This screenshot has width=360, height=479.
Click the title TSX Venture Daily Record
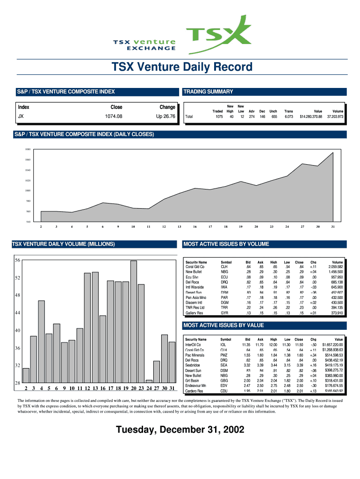182,67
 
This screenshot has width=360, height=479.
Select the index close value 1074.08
116,116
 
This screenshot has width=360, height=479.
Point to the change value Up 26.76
166,116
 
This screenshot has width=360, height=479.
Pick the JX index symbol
21,116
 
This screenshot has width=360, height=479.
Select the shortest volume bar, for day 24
149,381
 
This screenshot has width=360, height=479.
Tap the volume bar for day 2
26,376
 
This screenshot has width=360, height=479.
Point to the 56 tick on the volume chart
17,260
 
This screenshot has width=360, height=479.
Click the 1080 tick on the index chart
28,150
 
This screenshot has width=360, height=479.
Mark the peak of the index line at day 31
333,153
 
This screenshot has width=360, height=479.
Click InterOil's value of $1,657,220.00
332,345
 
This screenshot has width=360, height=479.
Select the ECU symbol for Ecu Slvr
224,277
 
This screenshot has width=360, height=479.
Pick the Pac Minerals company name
195,355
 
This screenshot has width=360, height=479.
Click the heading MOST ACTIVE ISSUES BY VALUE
223,325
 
